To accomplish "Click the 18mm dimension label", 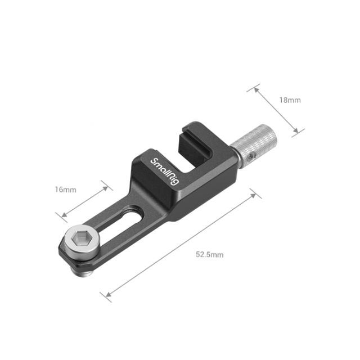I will (290, 100).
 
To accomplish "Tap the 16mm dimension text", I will (65, 189).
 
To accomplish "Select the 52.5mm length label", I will (210, 254).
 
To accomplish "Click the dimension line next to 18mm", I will (278, 110).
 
